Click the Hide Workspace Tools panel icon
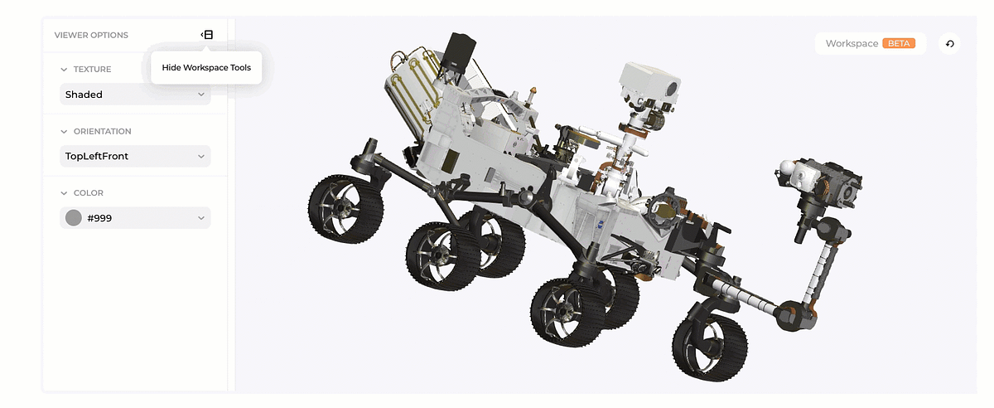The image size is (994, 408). (207, 35)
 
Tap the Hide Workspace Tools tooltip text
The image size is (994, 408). (206, 67)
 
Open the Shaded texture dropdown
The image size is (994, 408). (135, 95)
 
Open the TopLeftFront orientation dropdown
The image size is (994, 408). (135, 156)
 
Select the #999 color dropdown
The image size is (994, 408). (135, 218)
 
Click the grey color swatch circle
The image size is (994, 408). (74, 218)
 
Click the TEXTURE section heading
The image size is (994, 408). (92, 70)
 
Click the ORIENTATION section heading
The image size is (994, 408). (103, 132)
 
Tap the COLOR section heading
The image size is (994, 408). (89, 193)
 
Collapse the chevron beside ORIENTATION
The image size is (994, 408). (64, 132)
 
